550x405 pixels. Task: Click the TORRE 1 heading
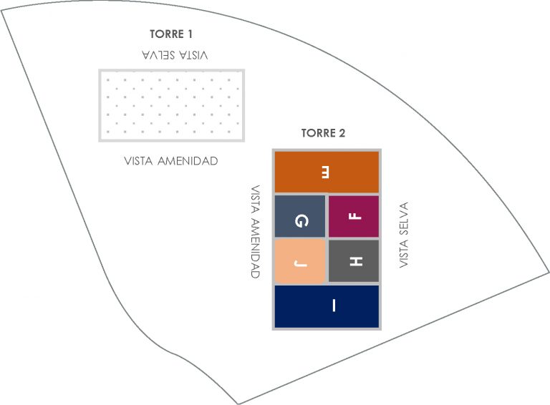171,34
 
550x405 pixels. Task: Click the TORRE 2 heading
323,133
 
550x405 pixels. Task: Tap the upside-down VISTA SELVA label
175,55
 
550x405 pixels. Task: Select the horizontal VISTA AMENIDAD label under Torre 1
171,161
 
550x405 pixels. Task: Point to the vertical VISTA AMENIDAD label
256,232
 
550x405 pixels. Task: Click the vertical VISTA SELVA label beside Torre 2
404,235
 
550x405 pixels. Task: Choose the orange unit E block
327,172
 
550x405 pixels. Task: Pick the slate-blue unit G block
300,217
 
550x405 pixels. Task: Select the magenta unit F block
354,217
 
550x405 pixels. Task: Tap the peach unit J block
300,261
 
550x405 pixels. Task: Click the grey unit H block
354,260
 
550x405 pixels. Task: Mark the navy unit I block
327,306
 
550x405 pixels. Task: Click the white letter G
301,221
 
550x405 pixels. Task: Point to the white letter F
355,216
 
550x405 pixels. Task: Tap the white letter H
357,261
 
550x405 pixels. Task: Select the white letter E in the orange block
326,172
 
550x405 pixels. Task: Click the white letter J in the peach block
301,263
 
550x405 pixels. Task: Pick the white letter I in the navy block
334,305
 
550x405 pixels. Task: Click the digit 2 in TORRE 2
342,133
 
